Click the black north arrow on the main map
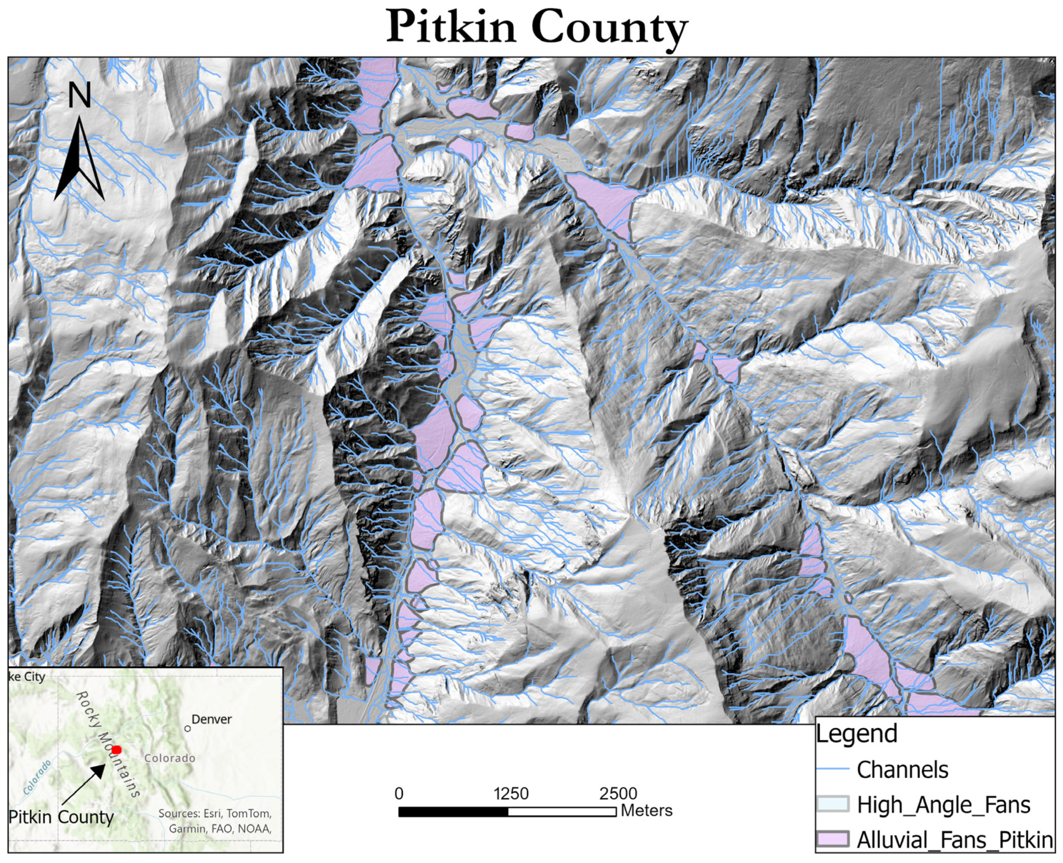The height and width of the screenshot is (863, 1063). (79, 159)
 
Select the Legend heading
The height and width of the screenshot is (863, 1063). (856, 733)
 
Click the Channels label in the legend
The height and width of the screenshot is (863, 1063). (902, 770)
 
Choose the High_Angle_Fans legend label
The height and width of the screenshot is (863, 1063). (943, 804)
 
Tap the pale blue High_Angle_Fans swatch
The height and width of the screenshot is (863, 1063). (832, 804)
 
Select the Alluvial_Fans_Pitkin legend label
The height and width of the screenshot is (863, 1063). (955, 840)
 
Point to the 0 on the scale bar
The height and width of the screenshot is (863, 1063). (399, 793)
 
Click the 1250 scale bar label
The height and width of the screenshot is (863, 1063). (511, 793)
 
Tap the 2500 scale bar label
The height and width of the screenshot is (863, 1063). (618, 793)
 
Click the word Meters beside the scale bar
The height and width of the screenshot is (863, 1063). (646, 810)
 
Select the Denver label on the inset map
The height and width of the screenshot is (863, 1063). (211, 719)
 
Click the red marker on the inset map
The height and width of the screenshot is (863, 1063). (116, 750)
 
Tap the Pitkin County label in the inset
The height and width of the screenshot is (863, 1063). (61, 817)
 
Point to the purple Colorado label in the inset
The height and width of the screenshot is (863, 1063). (170, 758)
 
